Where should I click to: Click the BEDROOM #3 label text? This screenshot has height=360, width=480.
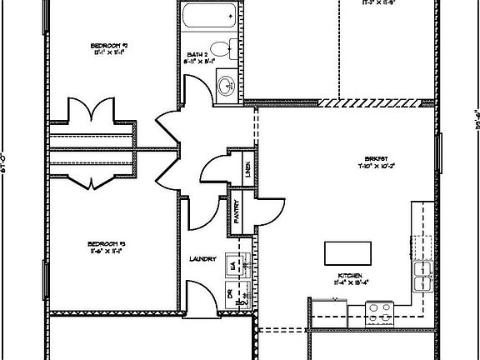click(x=106, y=243)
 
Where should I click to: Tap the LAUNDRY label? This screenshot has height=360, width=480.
click(x=203, y=258)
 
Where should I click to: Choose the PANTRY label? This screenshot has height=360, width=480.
click(x=236, y=213)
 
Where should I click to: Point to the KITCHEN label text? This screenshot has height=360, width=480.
click(x=350, y=274)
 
